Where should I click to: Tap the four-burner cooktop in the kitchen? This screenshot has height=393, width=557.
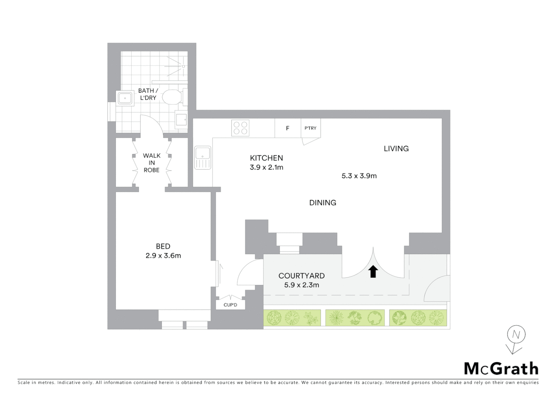pos(240,128)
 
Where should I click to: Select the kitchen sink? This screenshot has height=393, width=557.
pos(203,158)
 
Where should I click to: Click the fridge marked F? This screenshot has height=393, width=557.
pos(288,128)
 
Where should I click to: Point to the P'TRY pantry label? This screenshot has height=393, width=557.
pos(311,128)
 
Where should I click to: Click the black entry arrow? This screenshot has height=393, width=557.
pos(373,271)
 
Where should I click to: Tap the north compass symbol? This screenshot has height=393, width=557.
pos(516,335)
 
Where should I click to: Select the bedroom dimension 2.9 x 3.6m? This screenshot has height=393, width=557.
pos(163,255)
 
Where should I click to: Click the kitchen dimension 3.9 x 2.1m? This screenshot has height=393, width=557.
pos(266,167)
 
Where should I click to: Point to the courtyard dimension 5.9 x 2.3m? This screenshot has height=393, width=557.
pos(301,285)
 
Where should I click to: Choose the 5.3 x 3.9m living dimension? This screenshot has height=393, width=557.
pos(359,176)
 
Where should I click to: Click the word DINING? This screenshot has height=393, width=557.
pos(323,203)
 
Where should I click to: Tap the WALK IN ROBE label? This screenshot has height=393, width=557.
pos(152,163)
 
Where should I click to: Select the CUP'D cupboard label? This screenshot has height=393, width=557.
pos(230,305)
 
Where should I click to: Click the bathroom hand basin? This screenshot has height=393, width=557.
pos(125,98)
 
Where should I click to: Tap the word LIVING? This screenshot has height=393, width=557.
pos(396,148)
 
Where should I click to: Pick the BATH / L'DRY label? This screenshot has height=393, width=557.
pos(148,94)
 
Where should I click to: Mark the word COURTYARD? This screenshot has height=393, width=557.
pos(301,276)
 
